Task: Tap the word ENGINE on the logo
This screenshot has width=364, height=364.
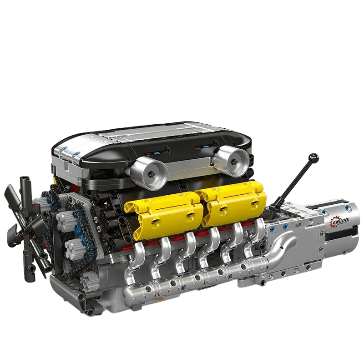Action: pos(341,221)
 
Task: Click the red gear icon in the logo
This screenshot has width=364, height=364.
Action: pos(334,222)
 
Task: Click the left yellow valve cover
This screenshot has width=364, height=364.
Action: pos(165,210)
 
